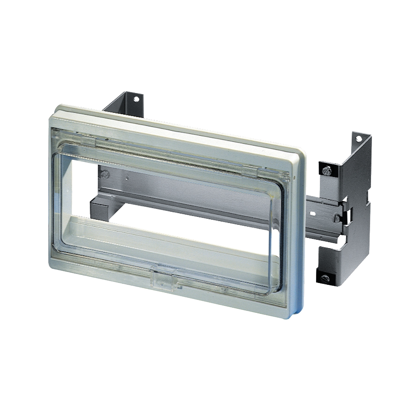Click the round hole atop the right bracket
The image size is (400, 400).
pyautogui.click(x=359, y=139)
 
